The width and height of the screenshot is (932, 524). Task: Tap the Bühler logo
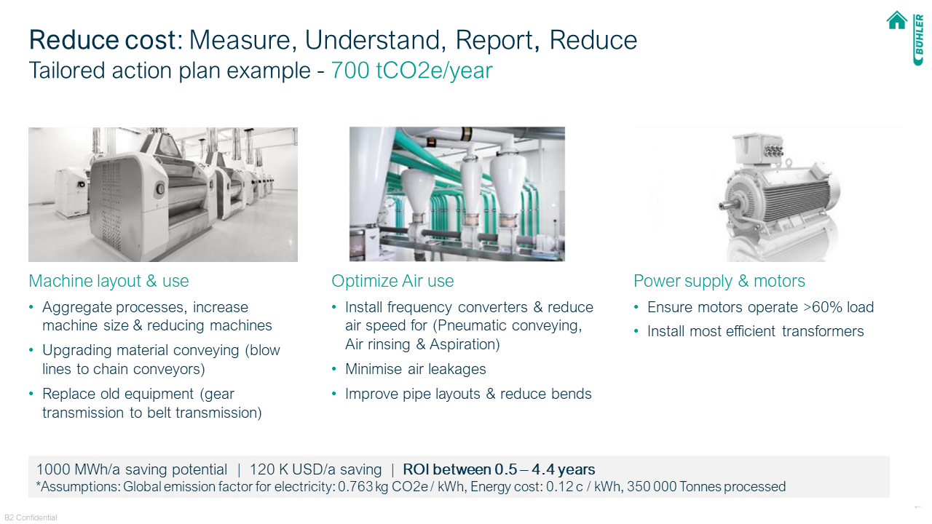[x=918, y=39]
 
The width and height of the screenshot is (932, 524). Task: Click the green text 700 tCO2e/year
[x=411, y=71]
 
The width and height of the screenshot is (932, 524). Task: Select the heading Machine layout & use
[x=108, y=281]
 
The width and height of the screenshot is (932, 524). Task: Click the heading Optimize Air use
[x=392, y=281]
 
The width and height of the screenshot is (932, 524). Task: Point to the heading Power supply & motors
[x=719, y=281]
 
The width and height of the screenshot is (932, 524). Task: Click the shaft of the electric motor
[x=729, y=205]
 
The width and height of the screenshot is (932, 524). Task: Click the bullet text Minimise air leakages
[x=415, y=369]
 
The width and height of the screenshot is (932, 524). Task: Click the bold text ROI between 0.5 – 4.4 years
[x=499, y=469]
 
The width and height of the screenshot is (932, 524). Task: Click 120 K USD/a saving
[x=315, y=469]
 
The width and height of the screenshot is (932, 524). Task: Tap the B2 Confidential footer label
[x=31, y=517]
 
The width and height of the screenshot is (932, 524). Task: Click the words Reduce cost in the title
[x=103, y=40]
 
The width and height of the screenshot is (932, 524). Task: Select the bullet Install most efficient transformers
[x=755, y=331]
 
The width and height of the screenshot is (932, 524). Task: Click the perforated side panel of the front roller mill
[x=109, y=203]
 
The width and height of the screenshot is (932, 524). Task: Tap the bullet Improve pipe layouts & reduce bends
[x=468, y=394]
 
